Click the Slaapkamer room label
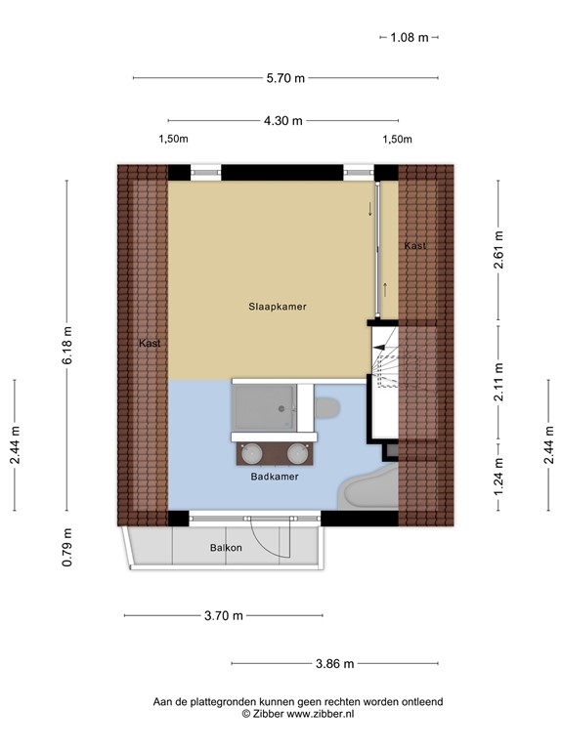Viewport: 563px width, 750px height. pyautogui.click(x=278, y=307)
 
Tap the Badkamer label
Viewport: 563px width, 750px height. pyautogui.click(x=274, y=478)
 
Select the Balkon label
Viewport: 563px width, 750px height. pyautogui.click(x=225, y=548)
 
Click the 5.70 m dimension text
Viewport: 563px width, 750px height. pyautogui.click(x=285, y=78)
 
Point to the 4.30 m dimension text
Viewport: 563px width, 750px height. pyautogui.click(x=283, y=121)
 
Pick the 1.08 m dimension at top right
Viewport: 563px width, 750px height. pyautogui.click(x=410, y=37)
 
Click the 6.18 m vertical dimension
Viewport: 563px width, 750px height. pyautogui.click(x=67, y=346)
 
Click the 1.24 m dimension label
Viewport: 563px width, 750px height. pyautogui.click(x=498, y=478)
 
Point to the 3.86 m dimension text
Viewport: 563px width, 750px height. pyautogui.click(x=334, y=664)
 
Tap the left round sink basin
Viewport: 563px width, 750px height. pyautogui.click(x=251, y=453)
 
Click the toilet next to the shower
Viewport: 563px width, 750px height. pyautogui.click(x=327, y=406)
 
